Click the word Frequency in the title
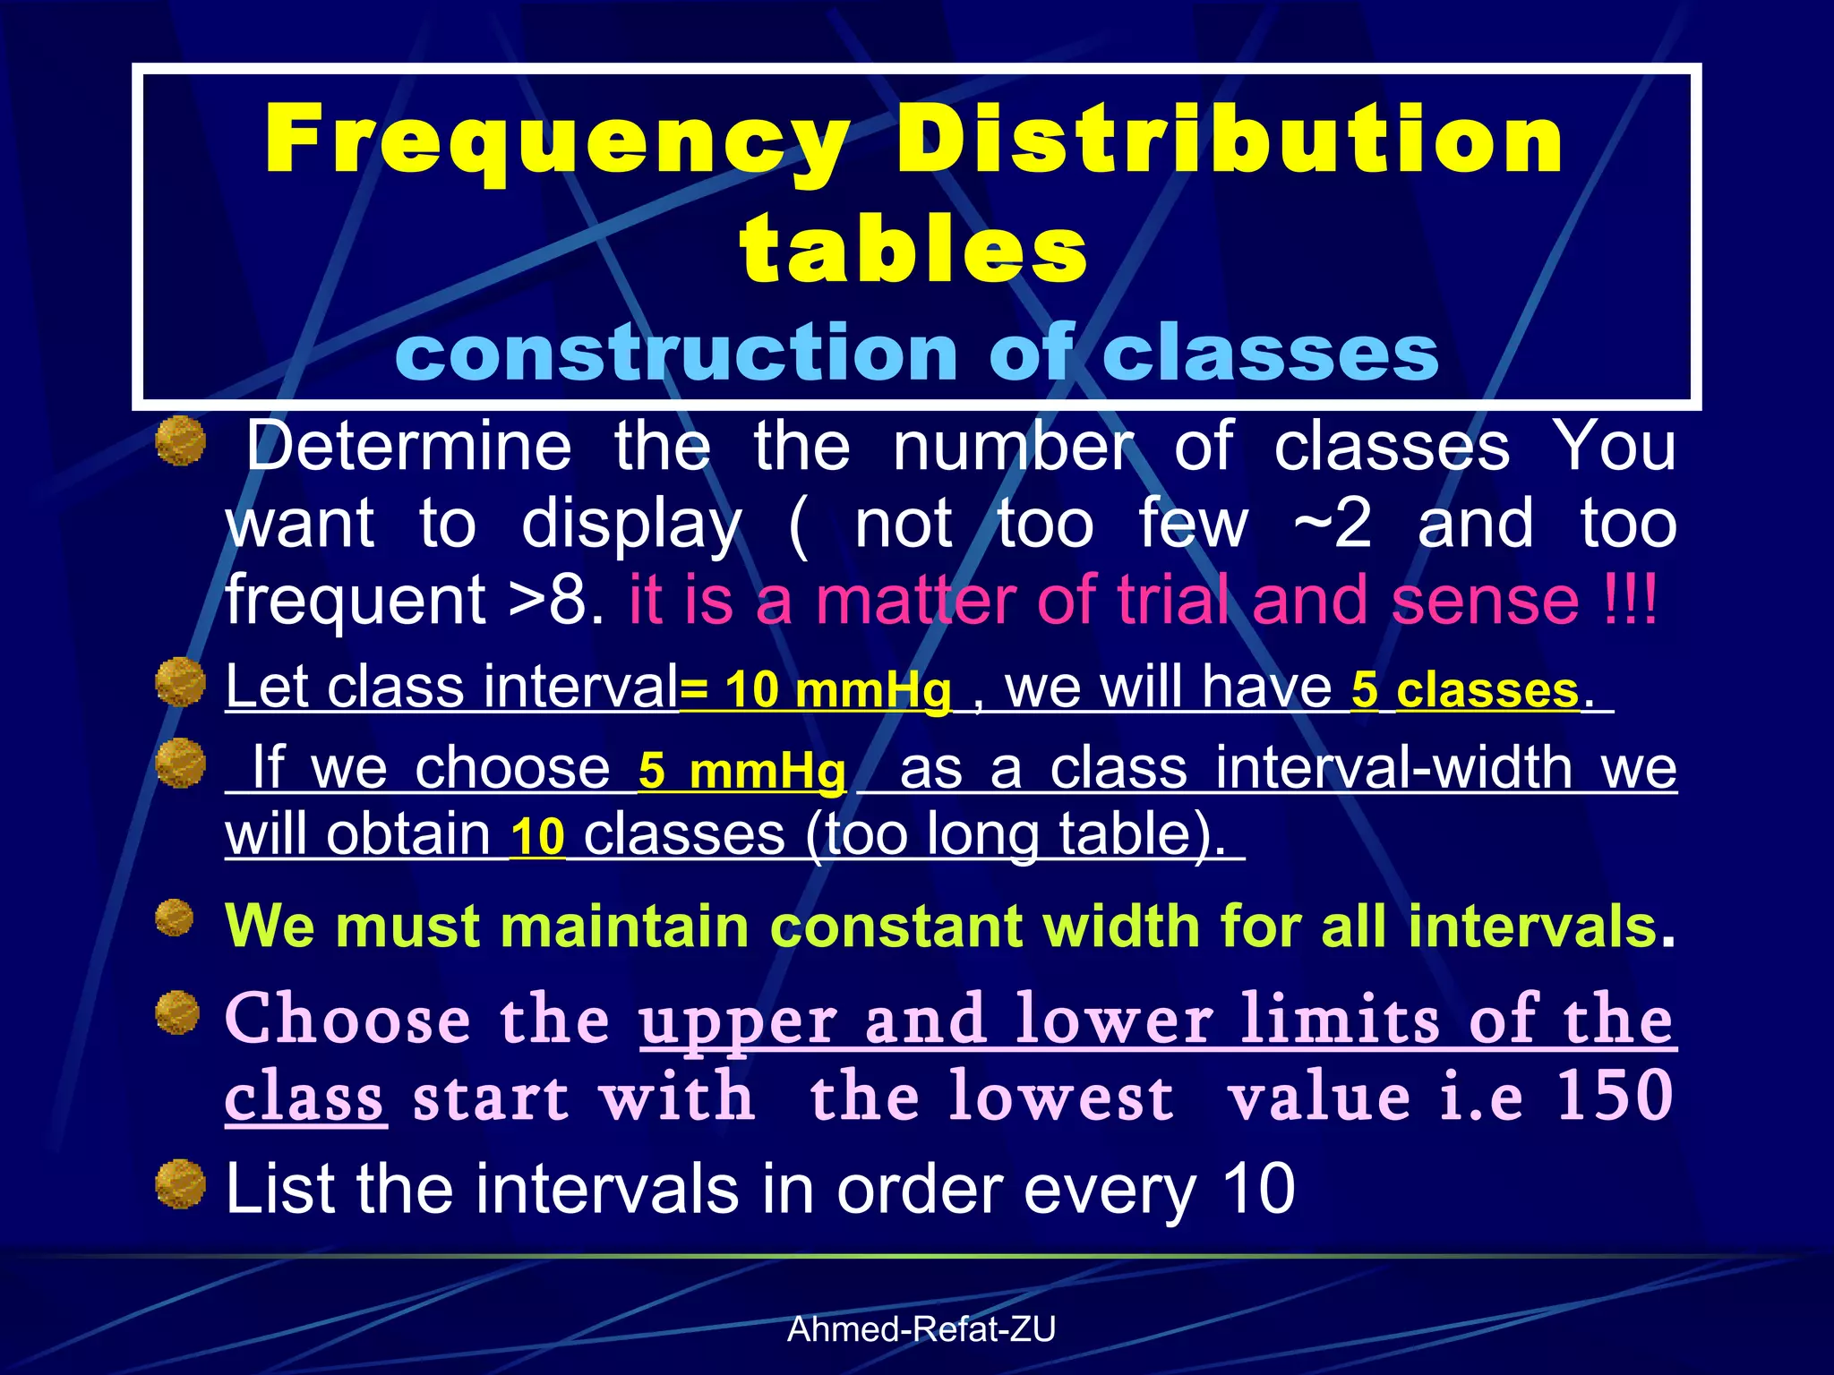tap(555, 141)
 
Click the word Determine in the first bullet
tap(408, 446)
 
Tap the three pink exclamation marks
tap(1630, 601)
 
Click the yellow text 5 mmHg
tap(741, 771)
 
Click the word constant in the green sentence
tap(896, 926)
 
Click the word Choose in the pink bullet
tap(347, 1020)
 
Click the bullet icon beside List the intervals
tap(180, 1184)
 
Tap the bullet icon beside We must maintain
tap(175, 918)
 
